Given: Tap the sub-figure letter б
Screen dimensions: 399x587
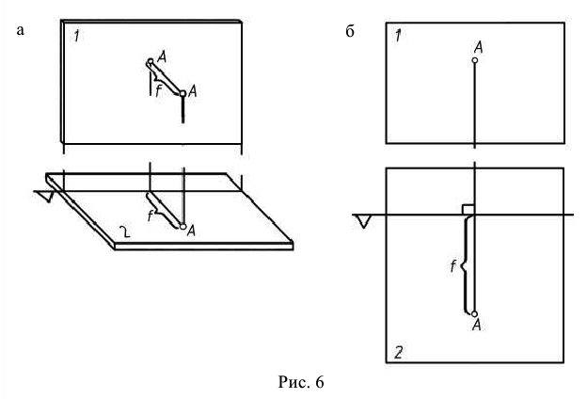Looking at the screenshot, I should click(351, 32).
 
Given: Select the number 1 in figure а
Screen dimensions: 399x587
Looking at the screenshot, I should click(76, 37).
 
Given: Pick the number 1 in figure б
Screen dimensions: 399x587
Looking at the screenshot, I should click(399, 36).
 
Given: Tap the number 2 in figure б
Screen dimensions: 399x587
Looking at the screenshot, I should click(399, 354).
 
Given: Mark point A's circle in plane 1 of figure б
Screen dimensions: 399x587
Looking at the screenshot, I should click(475, 60).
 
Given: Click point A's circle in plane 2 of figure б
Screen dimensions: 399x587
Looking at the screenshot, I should click(475, 314).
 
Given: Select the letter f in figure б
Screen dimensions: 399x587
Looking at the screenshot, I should click(453, 267).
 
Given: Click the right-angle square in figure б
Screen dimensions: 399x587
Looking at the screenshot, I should click(468, 209).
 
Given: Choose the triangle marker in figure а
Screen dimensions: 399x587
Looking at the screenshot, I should click(43, 196).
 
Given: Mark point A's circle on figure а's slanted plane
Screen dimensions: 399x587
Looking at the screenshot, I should click(182, 227).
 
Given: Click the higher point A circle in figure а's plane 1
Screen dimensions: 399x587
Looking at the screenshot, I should click(150, 63).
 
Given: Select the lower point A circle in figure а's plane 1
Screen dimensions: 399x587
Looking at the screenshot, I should click(182, 93).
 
